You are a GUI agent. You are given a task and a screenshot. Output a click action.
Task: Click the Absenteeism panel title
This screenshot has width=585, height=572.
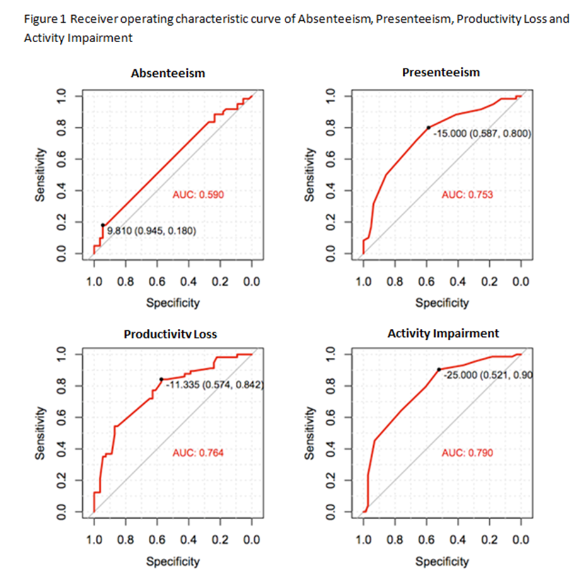point(168,74)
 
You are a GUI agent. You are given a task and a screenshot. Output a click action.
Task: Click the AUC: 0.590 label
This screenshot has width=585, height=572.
point(198,195)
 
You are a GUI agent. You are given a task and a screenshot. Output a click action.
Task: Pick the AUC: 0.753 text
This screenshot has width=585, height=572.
point(467,195)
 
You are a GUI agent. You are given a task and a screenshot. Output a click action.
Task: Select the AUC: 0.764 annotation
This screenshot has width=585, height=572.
point(198,452)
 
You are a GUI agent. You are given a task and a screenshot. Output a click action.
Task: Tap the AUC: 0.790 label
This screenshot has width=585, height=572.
point(467,452)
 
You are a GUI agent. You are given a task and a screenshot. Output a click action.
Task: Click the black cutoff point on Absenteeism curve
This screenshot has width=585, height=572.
point(103,225)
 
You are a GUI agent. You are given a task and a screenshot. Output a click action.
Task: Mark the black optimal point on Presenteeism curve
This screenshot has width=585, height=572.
point(429,127)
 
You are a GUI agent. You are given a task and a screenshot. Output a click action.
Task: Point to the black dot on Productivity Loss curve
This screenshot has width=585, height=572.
point(161,379)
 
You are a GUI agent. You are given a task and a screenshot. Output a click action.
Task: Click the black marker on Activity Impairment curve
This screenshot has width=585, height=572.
point(439,370)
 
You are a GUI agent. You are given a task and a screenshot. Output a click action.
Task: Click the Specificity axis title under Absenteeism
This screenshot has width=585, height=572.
point(173,303)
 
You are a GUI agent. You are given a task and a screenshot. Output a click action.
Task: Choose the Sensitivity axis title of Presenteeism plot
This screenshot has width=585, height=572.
point(309,174)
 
